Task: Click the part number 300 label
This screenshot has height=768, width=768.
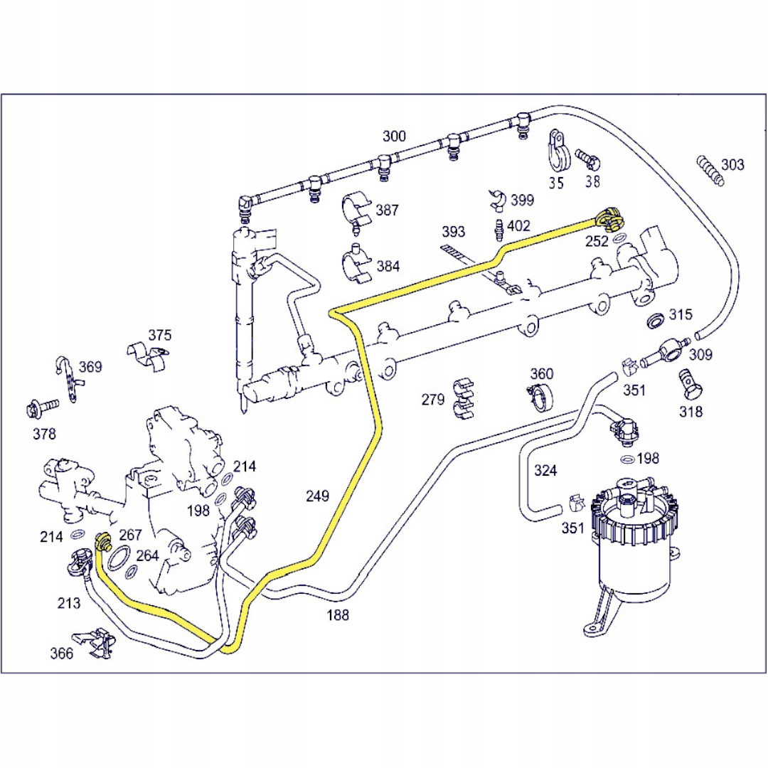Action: coord(394,136)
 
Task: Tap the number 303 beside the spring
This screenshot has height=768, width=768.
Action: coord(732,165)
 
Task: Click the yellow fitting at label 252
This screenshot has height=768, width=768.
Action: coord(608,218)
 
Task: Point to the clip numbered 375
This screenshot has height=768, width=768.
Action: coord(151,355)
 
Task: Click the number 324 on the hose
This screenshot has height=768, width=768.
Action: coord(545,470)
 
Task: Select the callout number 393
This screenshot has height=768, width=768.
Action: coord(453,232)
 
